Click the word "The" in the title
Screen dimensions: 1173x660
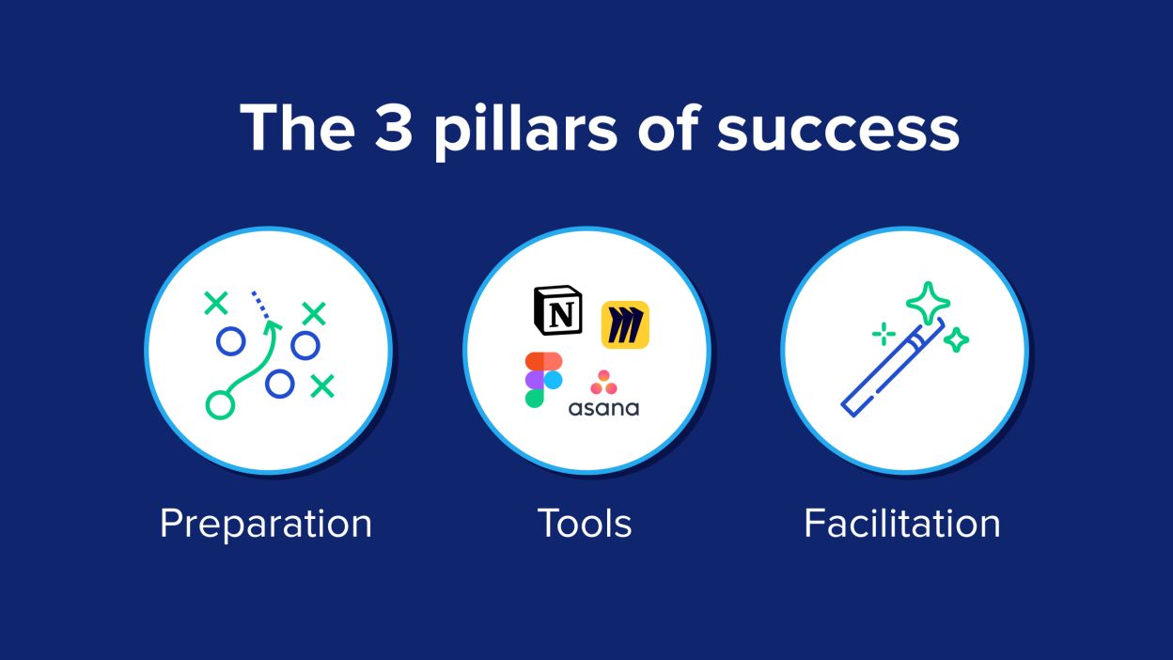point(297,127)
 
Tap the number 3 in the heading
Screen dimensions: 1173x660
point(393,127)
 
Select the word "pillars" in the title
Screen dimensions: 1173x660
point(525,131)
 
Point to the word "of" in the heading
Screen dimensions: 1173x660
point(668,126)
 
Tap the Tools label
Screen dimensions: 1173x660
point(585,523)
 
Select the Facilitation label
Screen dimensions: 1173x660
point(902,523)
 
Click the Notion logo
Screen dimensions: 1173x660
point(558,310)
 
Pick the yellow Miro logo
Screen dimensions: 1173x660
point(625,324)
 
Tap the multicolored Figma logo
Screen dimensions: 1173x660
point(544,380)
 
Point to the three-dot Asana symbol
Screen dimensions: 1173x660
point(603,383)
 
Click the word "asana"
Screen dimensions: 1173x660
point(603,409)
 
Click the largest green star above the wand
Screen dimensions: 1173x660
point(928,304)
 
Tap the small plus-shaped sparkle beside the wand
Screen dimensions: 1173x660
point(884,334)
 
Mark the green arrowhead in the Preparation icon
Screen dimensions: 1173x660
point(272,326)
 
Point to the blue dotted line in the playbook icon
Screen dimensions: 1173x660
point(260,305)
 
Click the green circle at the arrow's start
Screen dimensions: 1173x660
point(220,405)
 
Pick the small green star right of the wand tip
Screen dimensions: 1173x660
point(956,340)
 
